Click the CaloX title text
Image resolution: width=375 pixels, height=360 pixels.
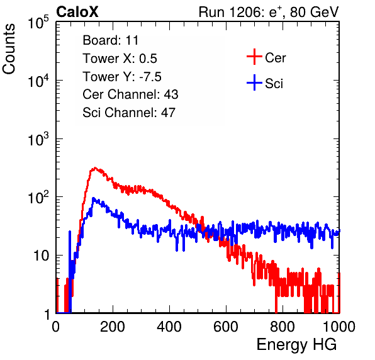(77, 12)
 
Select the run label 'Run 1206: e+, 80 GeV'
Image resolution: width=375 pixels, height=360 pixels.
(269, 12)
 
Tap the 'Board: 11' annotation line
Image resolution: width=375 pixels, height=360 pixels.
(111, 40)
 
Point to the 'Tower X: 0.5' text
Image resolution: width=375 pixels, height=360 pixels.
(120, 59)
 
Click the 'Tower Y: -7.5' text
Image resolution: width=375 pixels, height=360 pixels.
(122, 77)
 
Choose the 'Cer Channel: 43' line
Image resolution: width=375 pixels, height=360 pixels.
(130, 94)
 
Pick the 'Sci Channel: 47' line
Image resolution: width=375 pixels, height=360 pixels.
(129, 113)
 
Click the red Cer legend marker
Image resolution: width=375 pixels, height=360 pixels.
(254, 57)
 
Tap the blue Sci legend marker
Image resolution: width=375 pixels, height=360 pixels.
(254, 82)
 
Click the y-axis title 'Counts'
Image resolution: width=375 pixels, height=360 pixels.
(9, 49)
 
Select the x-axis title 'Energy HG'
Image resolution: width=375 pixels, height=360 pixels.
(296, 345)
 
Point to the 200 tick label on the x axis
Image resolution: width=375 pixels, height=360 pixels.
(113, 327)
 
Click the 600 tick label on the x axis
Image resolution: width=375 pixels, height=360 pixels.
(226, 327)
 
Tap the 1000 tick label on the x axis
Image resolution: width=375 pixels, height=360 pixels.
(339, 327)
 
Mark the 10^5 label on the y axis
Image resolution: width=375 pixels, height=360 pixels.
(38, 23)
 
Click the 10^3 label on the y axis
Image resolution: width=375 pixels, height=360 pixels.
(38, 139)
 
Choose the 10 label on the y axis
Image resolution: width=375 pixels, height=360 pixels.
(42, 256)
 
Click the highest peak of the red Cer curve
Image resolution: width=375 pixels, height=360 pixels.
(95, 168)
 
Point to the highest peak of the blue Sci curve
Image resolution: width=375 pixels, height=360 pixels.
(93, 198)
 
